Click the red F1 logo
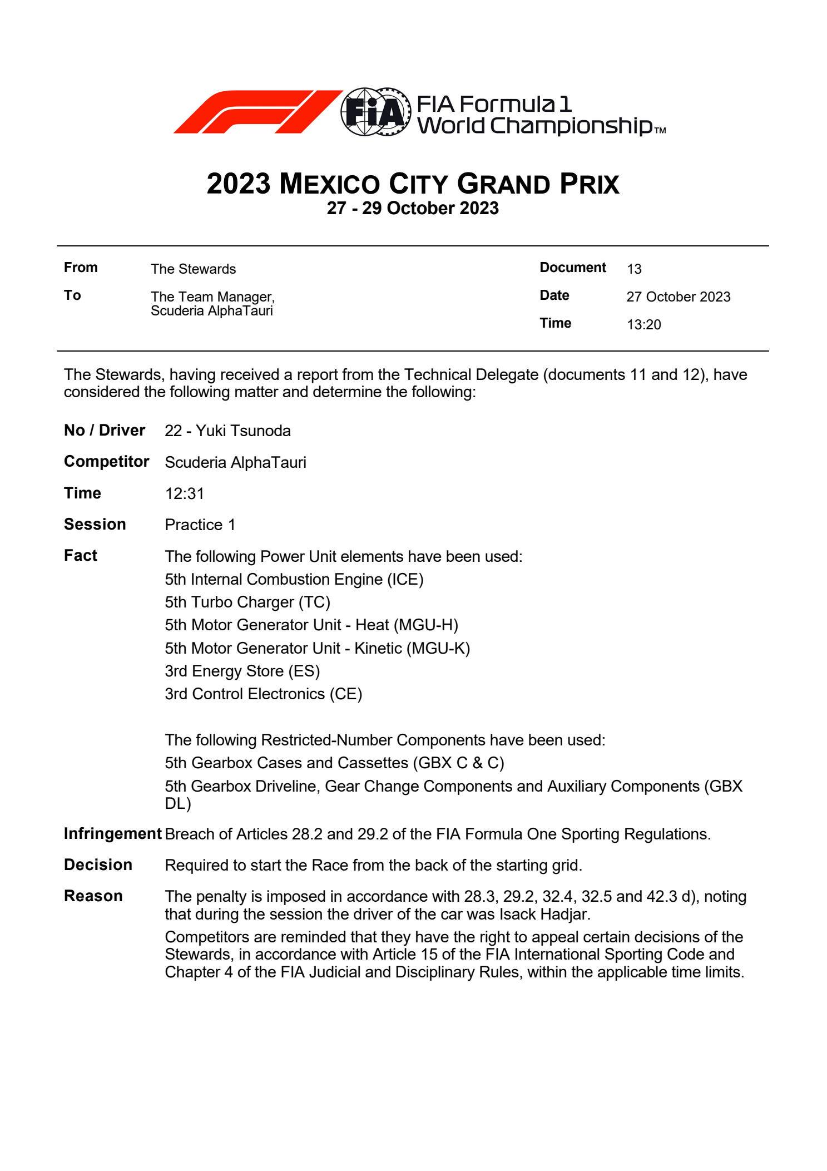(257, 112)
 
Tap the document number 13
(634, 269)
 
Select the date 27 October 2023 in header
(678, 297)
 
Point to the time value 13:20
(643, 325)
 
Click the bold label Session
(95, 525)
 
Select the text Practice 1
(200, 525)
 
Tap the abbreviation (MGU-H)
(426, 625)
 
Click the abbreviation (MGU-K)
(438, 649)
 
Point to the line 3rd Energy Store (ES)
(242, 671)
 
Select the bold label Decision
(98, 865)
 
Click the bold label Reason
(93, 896)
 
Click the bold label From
(81, 268)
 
